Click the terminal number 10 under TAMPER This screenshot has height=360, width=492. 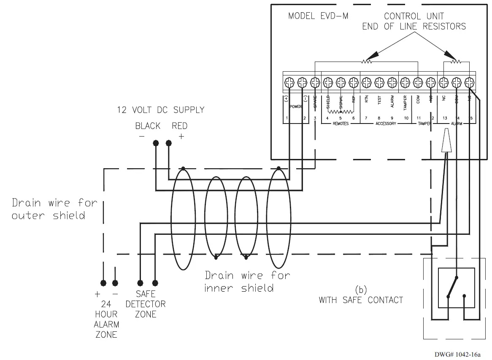click(x=406, y=118)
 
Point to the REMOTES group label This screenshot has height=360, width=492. click(x=341, y=124)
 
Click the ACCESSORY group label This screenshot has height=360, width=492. click(x=386, y=124)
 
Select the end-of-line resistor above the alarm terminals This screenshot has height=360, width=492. click(x=455, y=62)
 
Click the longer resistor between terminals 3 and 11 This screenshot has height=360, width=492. click(x=366, y=62)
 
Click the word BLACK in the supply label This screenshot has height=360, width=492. click(x=148, y=126)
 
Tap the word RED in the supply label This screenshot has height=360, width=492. click(x=179, y=126)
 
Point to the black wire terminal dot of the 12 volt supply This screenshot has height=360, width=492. click(x=156, y=143)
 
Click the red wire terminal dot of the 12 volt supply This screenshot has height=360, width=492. click(x=169, y=143)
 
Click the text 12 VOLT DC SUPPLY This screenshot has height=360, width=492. click(x=161, y=110)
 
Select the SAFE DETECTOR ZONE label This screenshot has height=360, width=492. click(x=146, y=304)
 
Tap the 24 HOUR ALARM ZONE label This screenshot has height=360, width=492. click(x=106, y=320)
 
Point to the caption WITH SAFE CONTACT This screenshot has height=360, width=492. click(x=361, y=300)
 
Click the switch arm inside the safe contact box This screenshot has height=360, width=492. click(x=452, y=287)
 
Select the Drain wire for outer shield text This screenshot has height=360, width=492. click(x=54, y=209)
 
